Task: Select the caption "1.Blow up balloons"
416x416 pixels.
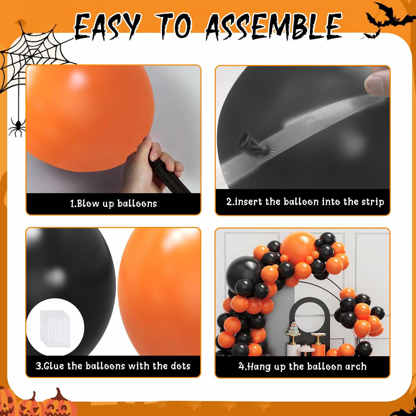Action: (x=114, y=203)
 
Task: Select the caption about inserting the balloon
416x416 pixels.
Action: (x=305, y=202)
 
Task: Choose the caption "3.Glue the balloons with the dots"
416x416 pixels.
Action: (x=113, y=366)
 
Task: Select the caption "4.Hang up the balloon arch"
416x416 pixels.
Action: (x=303, y=367)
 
